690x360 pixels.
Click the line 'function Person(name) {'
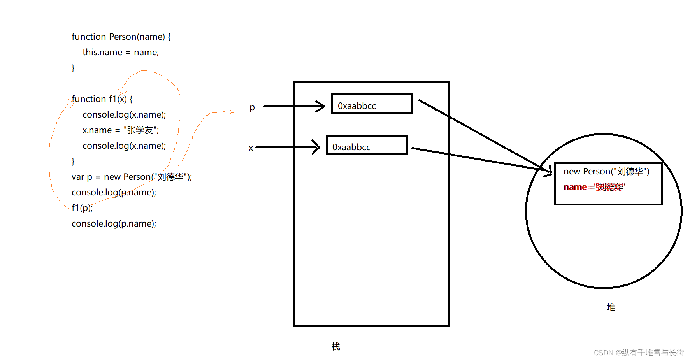click(x=121, y=37)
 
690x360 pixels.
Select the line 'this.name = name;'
click(x=121, y=52)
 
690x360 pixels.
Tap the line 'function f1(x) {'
click(x=102, y=99)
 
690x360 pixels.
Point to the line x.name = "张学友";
click(x=121, y=130)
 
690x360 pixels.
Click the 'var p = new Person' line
click(x=132, y=177)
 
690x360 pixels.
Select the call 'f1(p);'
click(x=82, y=208)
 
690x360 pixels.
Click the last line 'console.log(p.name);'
click(x=114, y=223)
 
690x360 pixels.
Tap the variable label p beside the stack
click(x=252, y=107)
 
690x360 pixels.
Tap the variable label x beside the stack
click(x=251, y=148)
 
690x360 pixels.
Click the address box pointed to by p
click(x=372, y=104)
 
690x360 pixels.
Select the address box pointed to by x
click(x=366, y=145)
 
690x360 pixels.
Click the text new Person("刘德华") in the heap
click(x=606, y=171)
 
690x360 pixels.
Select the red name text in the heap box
click(x=594, y=187)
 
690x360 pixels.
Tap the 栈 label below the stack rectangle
click(x=336, y=346)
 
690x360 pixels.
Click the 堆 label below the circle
click(x=611, y=307)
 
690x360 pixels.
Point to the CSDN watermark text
click(x=639, y=353)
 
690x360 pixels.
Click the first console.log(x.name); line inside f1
click(x=124, y=114)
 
